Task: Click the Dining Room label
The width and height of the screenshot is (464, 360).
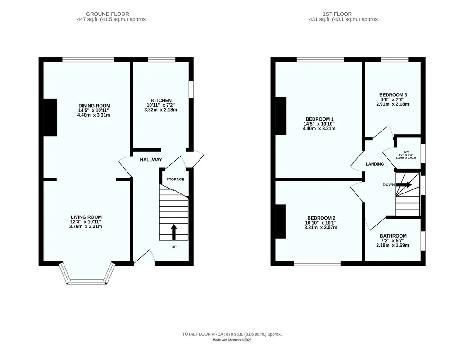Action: (x=94, y=105)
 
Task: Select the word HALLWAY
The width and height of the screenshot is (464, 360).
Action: (x=151, y=160)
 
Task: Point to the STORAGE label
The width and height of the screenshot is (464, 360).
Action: (x=175, y=180)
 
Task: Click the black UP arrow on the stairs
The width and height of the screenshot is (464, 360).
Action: (x=174, y=232)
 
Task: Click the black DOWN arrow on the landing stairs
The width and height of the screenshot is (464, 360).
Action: (x=404, y=185)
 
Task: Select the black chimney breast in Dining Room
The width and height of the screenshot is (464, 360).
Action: (x=50, y=117)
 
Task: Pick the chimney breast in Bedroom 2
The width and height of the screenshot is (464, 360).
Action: (x=281, y=222)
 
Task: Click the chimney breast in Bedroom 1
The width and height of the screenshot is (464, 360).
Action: (x=281, y=116)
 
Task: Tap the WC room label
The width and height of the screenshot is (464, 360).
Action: (x=406, y=152)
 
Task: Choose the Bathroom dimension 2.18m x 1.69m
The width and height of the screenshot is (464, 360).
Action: (x=393, y=245)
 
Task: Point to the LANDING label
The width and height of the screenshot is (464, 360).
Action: (x=375, y=164)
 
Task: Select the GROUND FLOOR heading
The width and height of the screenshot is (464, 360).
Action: (x=107, y=14)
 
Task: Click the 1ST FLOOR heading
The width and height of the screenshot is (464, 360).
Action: (x=337, y=14)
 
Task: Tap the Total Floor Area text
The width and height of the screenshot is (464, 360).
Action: (x=232, y=334)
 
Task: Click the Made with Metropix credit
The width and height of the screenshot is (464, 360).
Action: (x=232, y=340)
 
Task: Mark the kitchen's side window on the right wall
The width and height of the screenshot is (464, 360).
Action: (x=191, y=89)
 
